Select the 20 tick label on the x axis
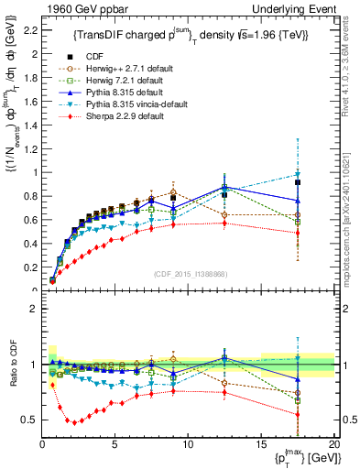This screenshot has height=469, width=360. point(333,444)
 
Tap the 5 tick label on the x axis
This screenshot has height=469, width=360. point(115,444)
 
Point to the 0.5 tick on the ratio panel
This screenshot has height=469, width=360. point(29,420)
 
